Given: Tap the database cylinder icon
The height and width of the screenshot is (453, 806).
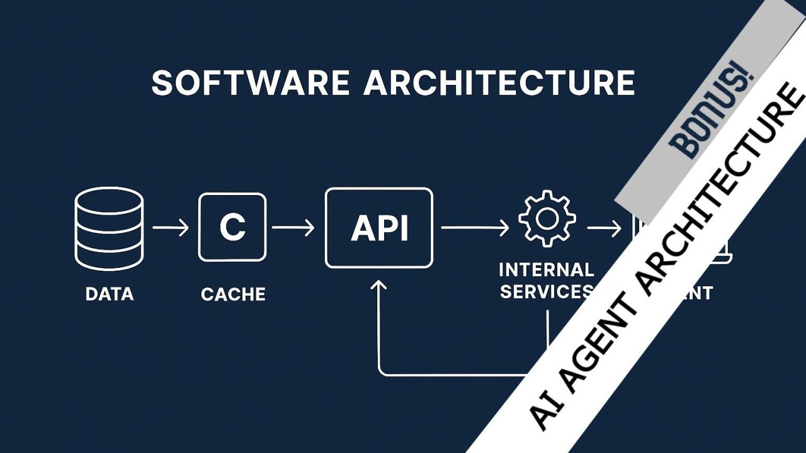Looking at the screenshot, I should [x=109, y=228].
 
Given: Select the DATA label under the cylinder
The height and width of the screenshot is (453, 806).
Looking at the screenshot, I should [x=109, y=294].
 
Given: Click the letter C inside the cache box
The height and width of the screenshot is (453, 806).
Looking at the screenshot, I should [x=232, y=227].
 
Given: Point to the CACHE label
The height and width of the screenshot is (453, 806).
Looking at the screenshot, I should [x=233, y=294].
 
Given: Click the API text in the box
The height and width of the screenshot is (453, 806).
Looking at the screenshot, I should [x=379, y=228].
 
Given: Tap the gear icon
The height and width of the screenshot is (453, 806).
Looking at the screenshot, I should [x=547, y=218].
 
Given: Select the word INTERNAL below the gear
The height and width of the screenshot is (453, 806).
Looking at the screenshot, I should [x=546, y=270].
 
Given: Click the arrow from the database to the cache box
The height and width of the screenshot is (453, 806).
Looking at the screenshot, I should [x=171, y=227].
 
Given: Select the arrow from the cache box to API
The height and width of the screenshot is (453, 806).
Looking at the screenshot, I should [x=293, y=227].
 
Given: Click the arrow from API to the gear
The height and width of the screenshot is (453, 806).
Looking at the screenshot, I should [x=475, y=228].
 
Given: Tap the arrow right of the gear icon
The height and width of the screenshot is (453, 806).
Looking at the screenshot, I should [x=604, y=228].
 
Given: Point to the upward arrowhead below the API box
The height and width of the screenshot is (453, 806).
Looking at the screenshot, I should [x=378, y=286].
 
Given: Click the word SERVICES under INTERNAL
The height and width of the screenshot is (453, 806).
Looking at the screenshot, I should [x=544, y=292].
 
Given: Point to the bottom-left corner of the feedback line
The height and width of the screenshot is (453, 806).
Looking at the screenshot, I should [x=379, y=374].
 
